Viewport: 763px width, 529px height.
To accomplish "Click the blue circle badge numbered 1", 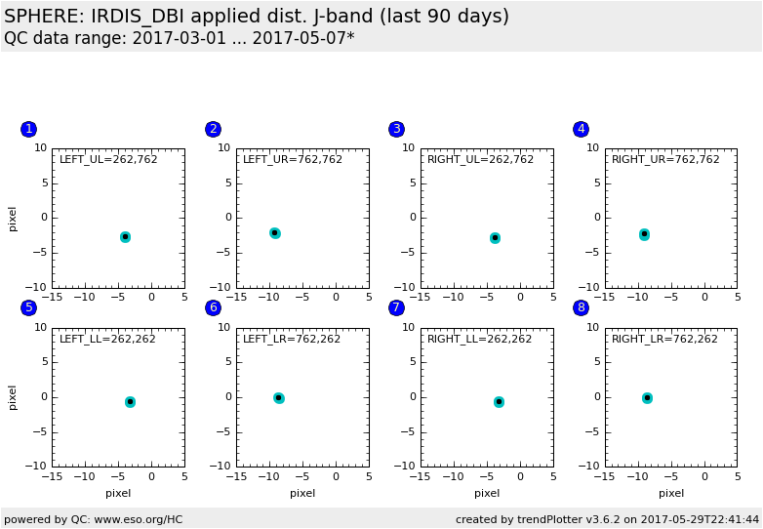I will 28,129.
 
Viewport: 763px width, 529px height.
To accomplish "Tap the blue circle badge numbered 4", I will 581,129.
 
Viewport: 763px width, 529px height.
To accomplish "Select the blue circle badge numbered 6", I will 213,307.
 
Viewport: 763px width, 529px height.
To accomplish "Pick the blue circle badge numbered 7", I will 396,307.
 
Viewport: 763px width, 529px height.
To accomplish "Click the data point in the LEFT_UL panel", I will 125,237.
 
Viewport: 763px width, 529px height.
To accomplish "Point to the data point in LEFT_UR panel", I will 275,232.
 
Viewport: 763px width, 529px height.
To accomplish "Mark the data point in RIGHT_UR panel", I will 644,234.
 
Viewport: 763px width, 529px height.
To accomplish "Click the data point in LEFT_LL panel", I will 130,402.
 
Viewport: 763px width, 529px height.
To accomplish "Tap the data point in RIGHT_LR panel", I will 647,398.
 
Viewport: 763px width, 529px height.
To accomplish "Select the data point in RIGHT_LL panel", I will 499,402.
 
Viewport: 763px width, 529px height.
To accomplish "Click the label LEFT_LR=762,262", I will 292,340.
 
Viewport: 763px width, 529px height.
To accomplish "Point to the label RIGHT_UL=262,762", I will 480,160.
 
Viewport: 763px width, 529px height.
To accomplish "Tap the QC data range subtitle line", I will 179,39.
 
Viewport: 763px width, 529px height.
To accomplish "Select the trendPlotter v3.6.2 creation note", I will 607,519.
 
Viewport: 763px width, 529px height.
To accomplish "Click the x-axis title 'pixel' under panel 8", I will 670,493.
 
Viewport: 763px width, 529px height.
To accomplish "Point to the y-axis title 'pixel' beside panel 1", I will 13,218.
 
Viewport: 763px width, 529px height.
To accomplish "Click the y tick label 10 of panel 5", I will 41,328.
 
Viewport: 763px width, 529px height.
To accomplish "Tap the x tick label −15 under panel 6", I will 236,476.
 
